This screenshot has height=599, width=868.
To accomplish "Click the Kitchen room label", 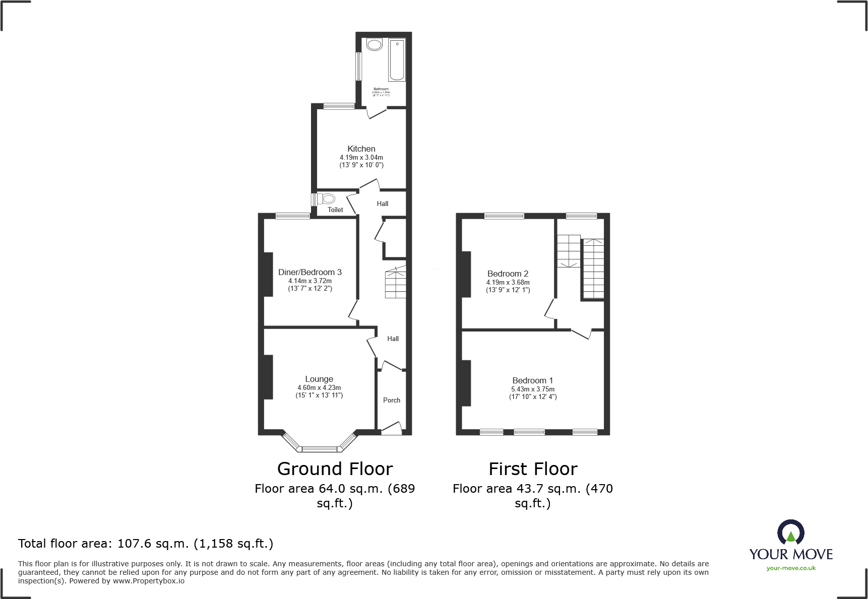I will coord(361,149).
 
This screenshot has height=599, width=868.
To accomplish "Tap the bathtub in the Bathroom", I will coord(397,60).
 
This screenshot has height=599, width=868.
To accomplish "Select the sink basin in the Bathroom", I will coord(375,45).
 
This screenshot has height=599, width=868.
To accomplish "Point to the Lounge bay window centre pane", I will coord(319,448).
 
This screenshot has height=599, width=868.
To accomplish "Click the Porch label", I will coord(392,400).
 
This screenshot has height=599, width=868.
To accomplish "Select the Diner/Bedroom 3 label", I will coord(310,272).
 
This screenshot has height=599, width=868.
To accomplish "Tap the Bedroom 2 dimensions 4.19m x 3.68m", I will coord(508,283).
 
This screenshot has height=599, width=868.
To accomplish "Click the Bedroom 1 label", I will coord(533,380).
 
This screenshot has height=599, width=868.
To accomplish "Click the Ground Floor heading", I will coord(335,469).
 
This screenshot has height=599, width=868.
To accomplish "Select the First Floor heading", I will coord(533,469).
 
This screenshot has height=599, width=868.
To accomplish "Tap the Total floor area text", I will coord(146,544).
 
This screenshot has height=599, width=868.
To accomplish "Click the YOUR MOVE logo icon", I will coord(790,532).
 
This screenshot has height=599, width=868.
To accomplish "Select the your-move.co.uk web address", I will coord(791,568).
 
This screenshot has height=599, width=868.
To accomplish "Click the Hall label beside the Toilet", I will coord(383,204).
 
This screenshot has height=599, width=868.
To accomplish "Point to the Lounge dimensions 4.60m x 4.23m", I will coord(319,388).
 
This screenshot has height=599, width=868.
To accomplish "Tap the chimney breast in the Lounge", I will coord(268,377).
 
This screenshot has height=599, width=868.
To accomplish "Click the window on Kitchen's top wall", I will coord(339,106).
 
